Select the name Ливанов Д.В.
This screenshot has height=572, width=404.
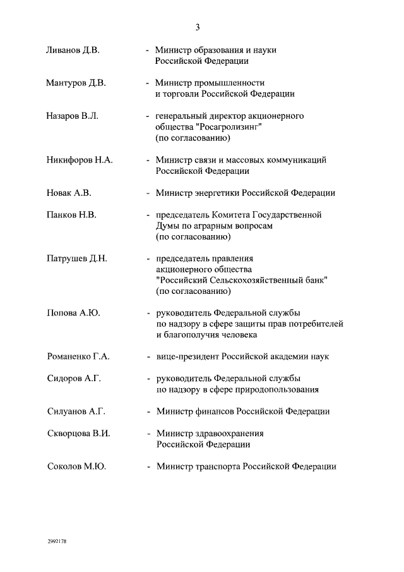point(73,50)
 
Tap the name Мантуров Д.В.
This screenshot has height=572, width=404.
point(76,83)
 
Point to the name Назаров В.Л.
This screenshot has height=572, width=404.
point(73,116)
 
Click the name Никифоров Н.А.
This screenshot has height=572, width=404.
point(80,160)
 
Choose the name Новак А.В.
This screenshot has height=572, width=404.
point(69,193)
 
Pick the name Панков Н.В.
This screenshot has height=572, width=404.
point(71,215)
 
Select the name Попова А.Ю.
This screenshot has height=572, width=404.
point(74,313)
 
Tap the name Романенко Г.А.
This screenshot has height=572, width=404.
point(78,356)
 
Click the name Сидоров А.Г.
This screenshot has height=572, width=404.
point(74,379)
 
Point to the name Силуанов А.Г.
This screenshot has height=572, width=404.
point(76,411)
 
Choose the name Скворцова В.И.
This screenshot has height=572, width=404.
point(78,434)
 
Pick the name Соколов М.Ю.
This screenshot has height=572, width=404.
point(76,466)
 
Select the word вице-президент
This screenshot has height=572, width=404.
point(187,356)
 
